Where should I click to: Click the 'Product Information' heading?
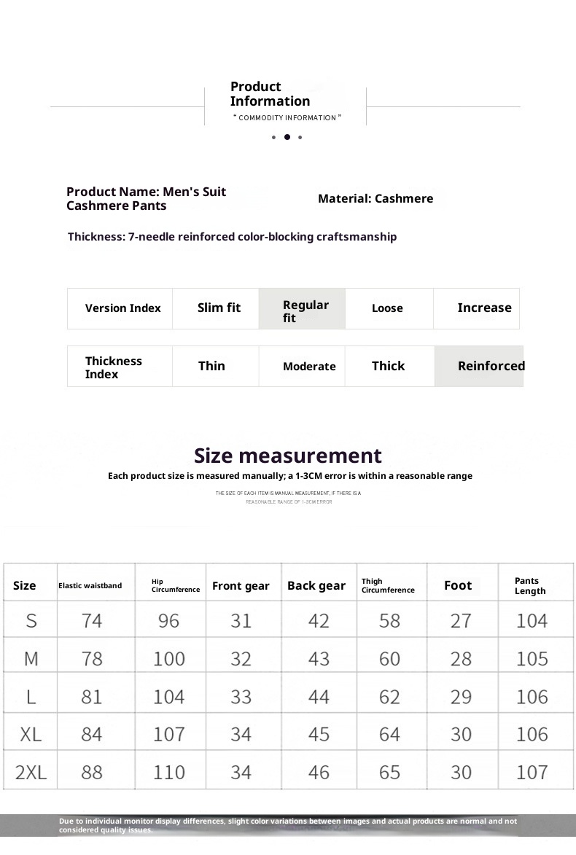pos(270,94)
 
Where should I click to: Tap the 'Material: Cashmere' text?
pos(375,198)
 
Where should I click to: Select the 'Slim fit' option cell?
pos(219,308)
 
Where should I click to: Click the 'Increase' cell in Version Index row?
pos(484,308)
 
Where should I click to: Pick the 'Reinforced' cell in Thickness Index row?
pos(491,366)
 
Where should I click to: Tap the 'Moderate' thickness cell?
pos(309,367)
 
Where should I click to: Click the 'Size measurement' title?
pos(287,456)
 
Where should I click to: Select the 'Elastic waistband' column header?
pos(90,586)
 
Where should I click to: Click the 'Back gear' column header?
pos(316,586)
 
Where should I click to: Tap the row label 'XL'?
pos(31,734)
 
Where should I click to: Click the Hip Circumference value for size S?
pos(168,621)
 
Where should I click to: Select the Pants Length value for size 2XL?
pos(532,772)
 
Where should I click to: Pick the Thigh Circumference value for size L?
pos(389,697)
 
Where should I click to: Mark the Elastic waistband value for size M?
pos(92,659)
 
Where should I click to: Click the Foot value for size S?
pos(461,621)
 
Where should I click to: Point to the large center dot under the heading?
pos(287,137)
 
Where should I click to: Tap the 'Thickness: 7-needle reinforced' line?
pos(232,237)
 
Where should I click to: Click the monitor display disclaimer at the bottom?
pos(287,825)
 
